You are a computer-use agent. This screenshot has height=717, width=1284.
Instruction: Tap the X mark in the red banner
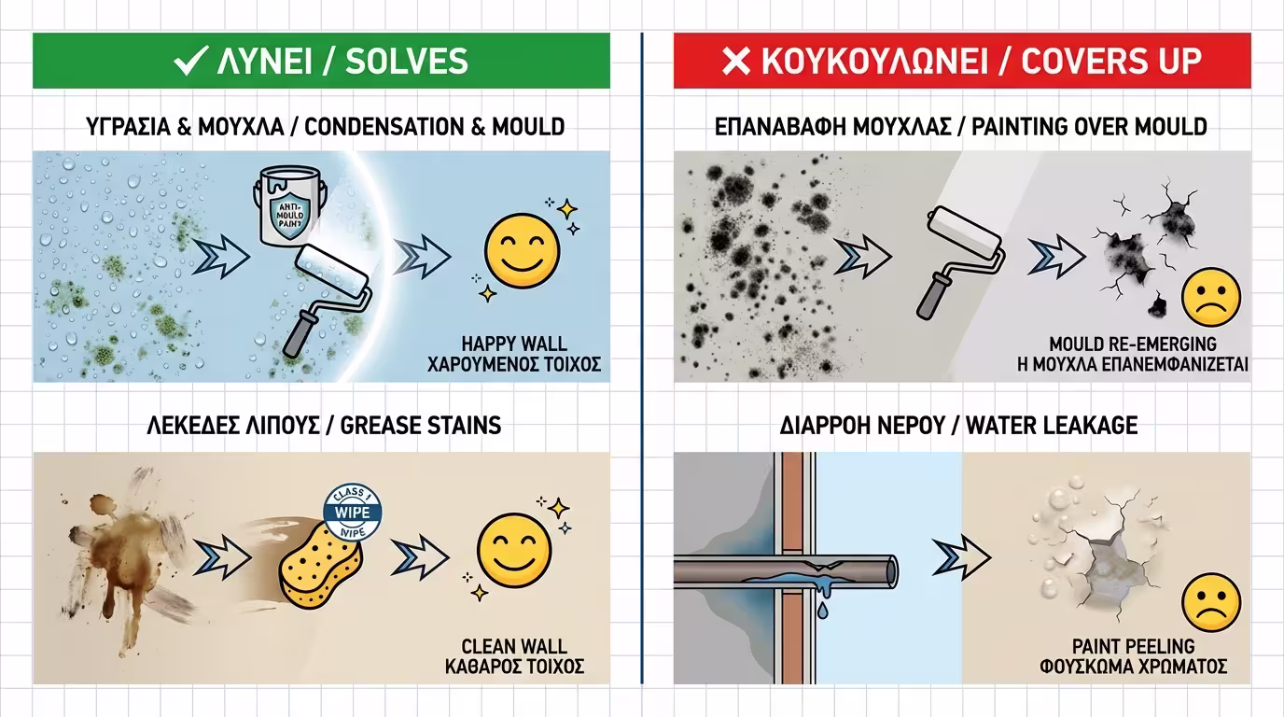[737, 62]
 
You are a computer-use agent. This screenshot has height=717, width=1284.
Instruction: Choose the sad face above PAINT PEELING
[1210, 600]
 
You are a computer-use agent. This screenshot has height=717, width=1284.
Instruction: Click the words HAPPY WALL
[513, 344]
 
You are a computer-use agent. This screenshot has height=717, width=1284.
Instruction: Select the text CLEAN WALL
[513, 646]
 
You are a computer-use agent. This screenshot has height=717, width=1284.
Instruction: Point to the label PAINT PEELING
[1133, 646]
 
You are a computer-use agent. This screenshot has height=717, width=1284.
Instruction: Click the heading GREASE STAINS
[421, 426]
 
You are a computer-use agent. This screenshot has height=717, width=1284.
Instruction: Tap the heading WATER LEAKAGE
[1052, 426]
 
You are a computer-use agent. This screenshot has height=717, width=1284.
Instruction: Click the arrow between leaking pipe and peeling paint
[961, 558]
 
